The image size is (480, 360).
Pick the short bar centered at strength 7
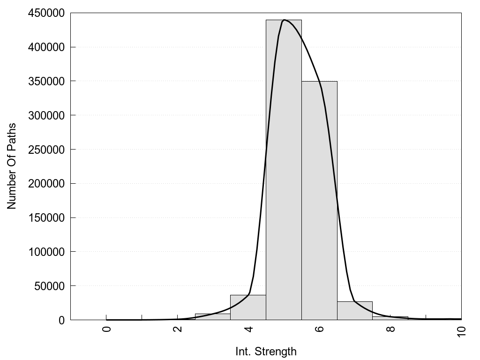[355, 311]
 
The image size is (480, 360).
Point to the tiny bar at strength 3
[212, 317]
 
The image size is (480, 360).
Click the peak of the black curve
[284, 20]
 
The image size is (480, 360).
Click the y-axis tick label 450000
[45, 13]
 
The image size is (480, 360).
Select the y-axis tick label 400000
[45, 47]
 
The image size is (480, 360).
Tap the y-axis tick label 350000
[45, 81]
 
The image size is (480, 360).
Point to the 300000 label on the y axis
[45, 115]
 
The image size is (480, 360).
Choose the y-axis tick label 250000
[45, 150]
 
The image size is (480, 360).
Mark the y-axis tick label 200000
[45, 183]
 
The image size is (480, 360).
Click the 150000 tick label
[45, 217]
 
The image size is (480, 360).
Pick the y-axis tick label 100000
[45, 252]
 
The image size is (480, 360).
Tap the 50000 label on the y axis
[48, 286]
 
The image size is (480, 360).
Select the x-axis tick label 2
[178, 329]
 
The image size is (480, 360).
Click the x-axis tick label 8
[390, 329]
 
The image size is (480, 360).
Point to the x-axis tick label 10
[461, 330]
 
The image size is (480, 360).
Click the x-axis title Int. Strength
[266, 352]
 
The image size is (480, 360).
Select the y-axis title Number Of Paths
[12, 166]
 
